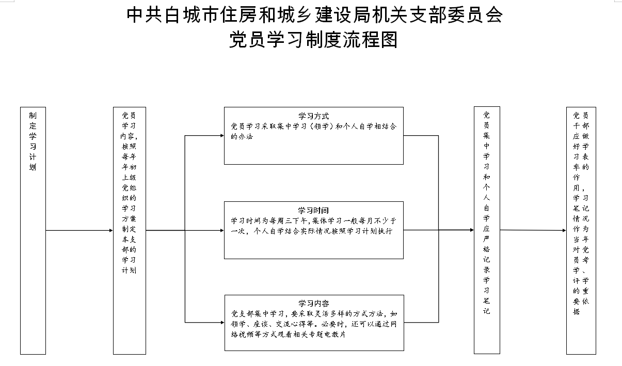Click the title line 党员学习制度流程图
[313, 39]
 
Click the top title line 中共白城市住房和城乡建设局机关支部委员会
[314, 15]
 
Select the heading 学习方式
[313, 116]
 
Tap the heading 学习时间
[313, 210]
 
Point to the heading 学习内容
[314, 303]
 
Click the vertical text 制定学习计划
[33, 141]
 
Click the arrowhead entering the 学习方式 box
[222, 136]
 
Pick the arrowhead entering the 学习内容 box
[222, 323]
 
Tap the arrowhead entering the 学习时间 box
[222, 230]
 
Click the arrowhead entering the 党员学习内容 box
[111, 230]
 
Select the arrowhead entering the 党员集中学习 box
[472, 230]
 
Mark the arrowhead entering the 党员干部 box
[565, 230]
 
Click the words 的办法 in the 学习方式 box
[242, 137]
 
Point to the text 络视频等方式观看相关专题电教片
[288, 335]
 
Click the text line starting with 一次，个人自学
[312, 231]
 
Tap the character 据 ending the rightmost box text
[577, 311]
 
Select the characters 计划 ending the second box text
[129, 270]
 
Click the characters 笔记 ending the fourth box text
[486, 306]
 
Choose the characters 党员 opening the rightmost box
[581, 115]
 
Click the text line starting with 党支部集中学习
[314, 314]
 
